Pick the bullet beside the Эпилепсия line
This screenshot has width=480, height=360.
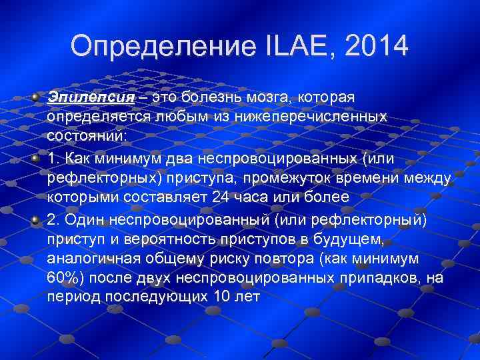point(35,97)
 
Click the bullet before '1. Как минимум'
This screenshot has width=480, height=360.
point(35,159)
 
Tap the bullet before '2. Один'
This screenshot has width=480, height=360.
point(35,219)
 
